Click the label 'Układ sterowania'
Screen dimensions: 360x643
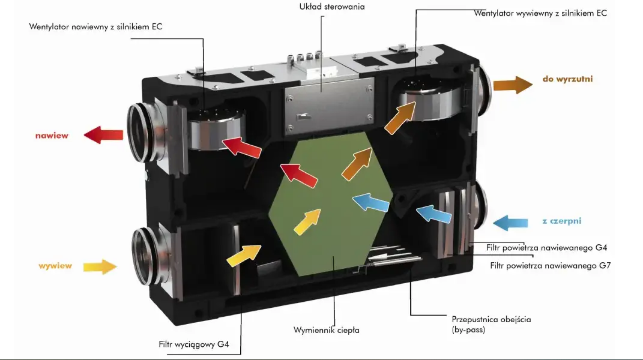(332, 7)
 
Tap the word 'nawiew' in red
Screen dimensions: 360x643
(52, 136)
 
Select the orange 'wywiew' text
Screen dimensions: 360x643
(55, 266)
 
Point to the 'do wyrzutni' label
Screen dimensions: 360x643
(567, 79)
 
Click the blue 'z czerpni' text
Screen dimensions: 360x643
(562, 221)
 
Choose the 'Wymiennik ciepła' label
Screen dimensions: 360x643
(326, 330)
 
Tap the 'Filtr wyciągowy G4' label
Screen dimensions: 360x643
(194, 344)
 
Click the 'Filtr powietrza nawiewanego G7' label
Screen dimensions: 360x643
(550, 266)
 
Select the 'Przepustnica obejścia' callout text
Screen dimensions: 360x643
(491, 320)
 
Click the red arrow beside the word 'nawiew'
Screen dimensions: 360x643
(103, 135)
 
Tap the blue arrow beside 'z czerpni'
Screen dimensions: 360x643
(510, 223)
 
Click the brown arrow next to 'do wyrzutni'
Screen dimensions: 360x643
(512, 85)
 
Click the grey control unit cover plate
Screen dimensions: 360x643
(329, 105)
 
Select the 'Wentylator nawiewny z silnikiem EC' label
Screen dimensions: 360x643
(96, 27)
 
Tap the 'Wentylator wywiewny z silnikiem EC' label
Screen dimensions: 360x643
(540, 13)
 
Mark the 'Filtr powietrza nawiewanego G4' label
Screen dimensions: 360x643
(547, 247)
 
